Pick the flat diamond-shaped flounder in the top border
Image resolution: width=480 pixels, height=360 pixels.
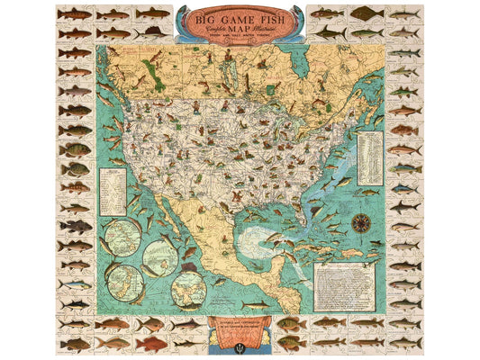pyautogui.click(x=366, y=13)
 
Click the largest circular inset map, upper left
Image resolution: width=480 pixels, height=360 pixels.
pyautogui.click(x=123, y=237)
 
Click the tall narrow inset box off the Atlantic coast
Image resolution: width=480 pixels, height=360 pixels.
pyautogui.click(x=369, y=157)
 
